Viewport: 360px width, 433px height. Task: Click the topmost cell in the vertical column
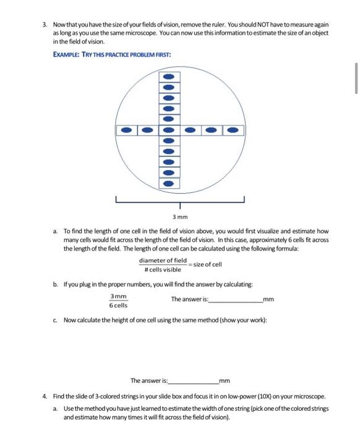click(170, 77)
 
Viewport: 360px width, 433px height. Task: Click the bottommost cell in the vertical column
click(170, 184)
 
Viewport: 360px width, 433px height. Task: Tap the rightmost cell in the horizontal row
click(233, 131)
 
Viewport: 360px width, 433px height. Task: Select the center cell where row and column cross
click(170, 131)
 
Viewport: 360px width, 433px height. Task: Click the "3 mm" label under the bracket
click(179, 217)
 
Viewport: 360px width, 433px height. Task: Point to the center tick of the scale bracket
click(180, 205)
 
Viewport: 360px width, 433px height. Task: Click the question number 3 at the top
click(44, 24)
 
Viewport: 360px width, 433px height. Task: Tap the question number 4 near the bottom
click(44, 396)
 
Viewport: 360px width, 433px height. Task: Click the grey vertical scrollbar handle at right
click(356, 77)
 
